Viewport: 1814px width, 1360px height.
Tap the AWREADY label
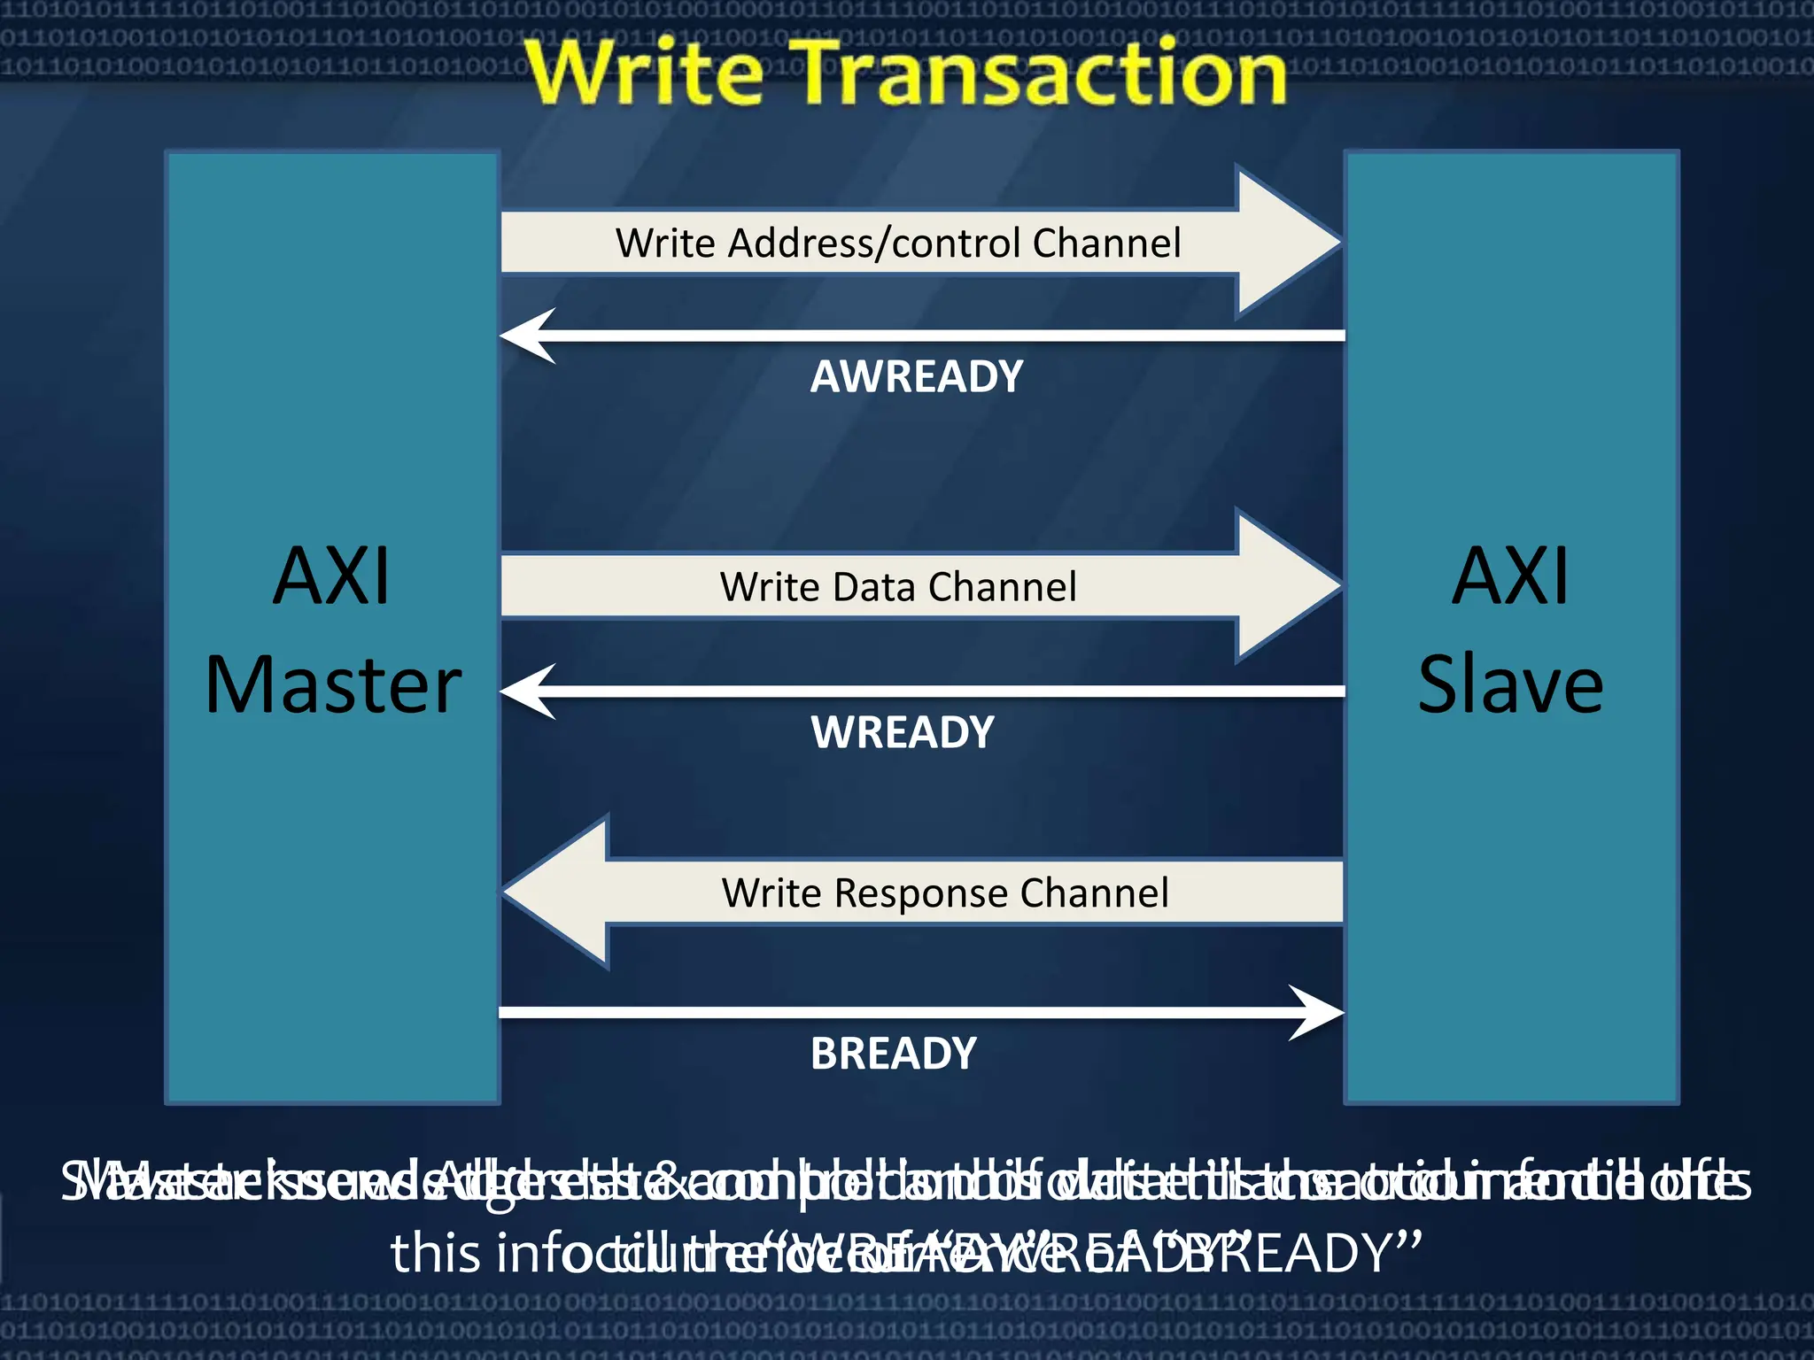[917, 377]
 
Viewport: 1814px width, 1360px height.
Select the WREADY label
[903, 733]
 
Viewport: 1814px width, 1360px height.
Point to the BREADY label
[894, 1055]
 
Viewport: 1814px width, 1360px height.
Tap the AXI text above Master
[331, 576]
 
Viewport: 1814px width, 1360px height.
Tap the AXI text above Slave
[1510, 576]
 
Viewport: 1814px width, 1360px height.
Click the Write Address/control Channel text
[898, 243]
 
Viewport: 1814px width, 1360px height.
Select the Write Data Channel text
[898, 587]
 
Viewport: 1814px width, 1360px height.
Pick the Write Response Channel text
[944, 892]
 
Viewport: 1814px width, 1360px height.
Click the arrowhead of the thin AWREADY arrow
[528, 336]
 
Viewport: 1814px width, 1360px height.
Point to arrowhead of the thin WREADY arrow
[528, 691]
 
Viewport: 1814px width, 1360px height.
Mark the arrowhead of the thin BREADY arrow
[1317, 1012]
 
